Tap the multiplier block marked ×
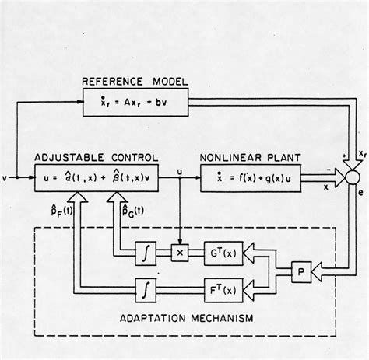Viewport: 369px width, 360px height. (180, 253)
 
